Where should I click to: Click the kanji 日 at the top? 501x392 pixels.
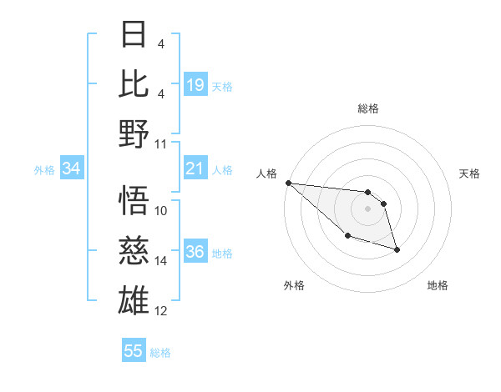(134, 34)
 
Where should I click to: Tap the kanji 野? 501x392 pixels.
(134, 133)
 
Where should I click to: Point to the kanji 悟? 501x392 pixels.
(134, 200)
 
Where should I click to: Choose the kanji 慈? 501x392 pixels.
(134, 249)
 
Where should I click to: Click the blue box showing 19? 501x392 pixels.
(195, 84)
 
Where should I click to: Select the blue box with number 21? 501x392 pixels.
(195, 169)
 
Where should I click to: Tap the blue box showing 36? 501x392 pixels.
(195, 252)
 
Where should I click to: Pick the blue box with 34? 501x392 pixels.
(72, 169)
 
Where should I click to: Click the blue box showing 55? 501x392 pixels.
(134, 351)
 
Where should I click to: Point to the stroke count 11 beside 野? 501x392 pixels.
(161, 143)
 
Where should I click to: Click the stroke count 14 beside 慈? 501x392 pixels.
(161, 261)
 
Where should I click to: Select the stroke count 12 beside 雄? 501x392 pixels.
(161, 311)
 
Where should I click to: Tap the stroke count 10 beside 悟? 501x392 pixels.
(161, 211)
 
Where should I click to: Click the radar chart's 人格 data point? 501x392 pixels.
(288, 183)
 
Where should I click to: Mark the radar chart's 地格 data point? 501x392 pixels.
(397, 249)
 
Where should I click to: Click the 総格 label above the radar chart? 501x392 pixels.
(367, 108)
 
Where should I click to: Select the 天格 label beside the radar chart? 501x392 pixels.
(470, 173)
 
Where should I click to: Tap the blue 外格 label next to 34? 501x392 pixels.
(44, 170)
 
